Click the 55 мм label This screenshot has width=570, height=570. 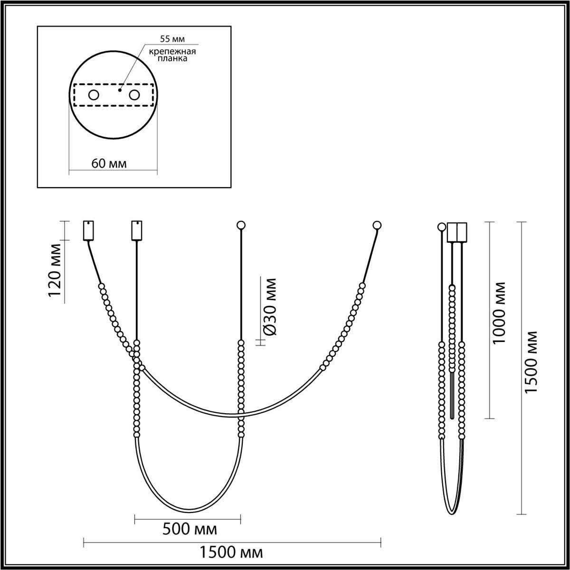point(172,39)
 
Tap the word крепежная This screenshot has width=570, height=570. point(172,52)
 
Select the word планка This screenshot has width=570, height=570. point(172,58)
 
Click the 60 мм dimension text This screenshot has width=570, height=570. point(109,163)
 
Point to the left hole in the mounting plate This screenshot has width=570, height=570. point(94,95)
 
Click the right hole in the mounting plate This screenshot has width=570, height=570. point(134,95)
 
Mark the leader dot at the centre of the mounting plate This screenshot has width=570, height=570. point(120,90)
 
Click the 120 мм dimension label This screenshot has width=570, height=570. point(55,269)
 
